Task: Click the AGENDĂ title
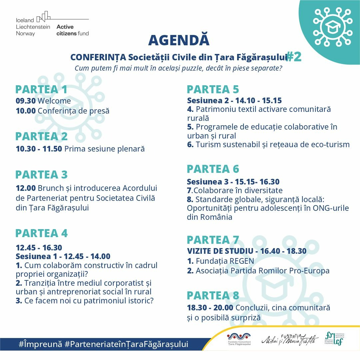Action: pyautogui.click(x=179, y=40)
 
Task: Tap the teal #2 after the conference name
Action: pyautogui.click(x=294, y=57)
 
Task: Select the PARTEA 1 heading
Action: pyautogui.click(x=41, y=89)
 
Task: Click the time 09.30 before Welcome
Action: pyautogui.click(x=26, y=101)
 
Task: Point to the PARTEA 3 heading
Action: pyautogui.click(x=41, y=175)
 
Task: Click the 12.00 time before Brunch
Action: pyautogui.click(x=26, y=188)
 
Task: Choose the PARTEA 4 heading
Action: pyautogui.click(x=41, y=233)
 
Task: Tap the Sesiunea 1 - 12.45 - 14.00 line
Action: pyautogui.click(x=63, y=256)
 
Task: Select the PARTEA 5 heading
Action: pyautogui.click(x=213, y=89)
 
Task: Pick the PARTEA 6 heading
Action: pyautogui.click(x=213, y=169)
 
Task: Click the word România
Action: pyautogui.click(x=216, y=217)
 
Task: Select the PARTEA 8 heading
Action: pyautogui.click(x=213, y=295)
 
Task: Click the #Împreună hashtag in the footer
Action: pyautogui.click(x=40, y=344)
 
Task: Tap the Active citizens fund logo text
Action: pyautogui.click(x=73, y=30)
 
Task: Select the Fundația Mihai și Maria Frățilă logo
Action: pyautogui.click(x=290, y=339)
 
